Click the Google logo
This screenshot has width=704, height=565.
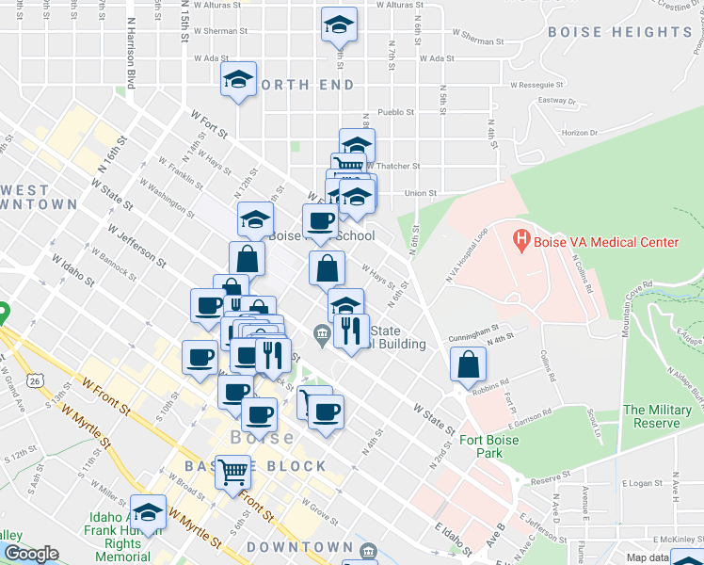point(31,554)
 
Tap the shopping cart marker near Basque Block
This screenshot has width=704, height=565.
point(232,472)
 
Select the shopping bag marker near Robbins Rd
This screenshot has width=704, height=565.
point(468,364)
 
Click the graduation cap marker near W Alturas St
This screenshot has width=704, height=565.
point(338,24)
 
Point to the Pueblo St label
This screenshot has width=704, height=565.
point(396,111)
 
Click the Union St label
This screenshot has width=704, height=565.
point(421,193)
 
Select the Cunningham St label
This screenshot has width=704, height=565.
point(473,332)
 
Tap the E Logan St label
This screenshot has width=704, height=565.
point(642,483)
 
